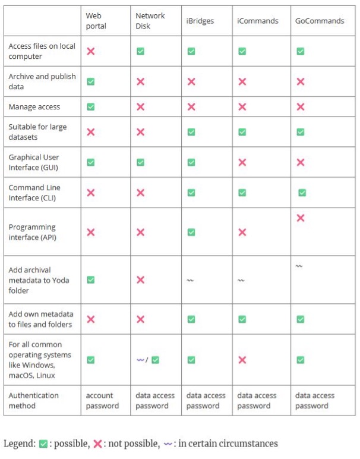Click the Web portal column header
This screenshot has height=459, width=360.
point(96,21)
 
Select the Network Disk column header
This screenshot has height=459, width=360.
point(150,21)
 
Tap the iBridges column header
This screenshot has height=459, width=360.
point(200,21)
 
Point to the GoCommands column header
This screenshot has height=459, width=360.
point(320,21)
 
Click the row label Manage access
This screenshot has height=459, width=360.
point(34,107)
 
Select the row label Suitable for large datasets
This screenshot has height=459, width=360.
point(37,132)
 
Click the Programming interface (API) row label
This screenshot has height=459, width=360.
point(32,232)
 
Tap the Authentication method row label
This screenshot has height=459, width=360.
point(34,401)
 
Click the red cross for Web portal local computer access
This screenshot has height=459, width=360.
point(91,51)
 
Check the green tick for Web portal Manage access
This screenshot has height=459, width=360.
point(91,107)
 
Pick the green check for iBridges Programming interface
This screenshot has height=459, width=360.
point(191,232)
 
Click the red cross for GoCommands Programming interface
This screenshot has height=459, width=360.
point(301,218)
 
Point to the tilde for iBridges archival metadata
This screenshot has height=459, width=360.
point(190,281)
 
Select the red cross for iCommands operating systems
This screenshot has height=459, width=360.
point(242,360)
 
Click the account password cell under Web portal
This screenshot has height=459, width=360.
point(103,401)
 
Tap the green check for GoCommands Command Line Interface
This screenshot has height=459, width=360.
point(302,193)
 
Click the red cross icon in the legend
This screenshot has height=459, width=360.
point(98,444)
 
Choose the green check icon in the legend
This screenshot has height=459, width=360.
point(43,444)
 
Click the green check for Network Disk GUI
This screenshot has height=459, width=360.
point(140,162)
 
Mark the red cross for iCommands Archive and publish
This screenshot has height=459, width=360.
point(242,81)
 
